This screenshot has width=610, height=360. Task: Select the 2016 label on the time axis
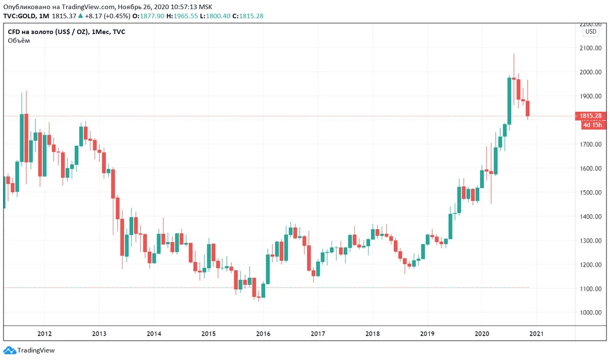tap(263, 334)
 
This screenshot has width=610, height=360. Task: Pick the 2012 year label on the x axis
tap(44, 334)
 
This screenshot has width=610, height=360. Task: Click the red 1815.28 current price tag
tap(591, 116)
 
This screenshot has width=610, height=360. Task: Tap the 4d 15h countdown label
tap(592, 125)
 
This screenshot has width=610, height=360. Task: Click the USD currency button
tap(591, 32)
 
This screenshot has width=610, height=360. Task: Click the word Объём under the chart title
tap(19, 41)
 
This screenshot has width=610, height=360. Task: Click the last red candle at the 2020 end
tap(528, 108)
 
